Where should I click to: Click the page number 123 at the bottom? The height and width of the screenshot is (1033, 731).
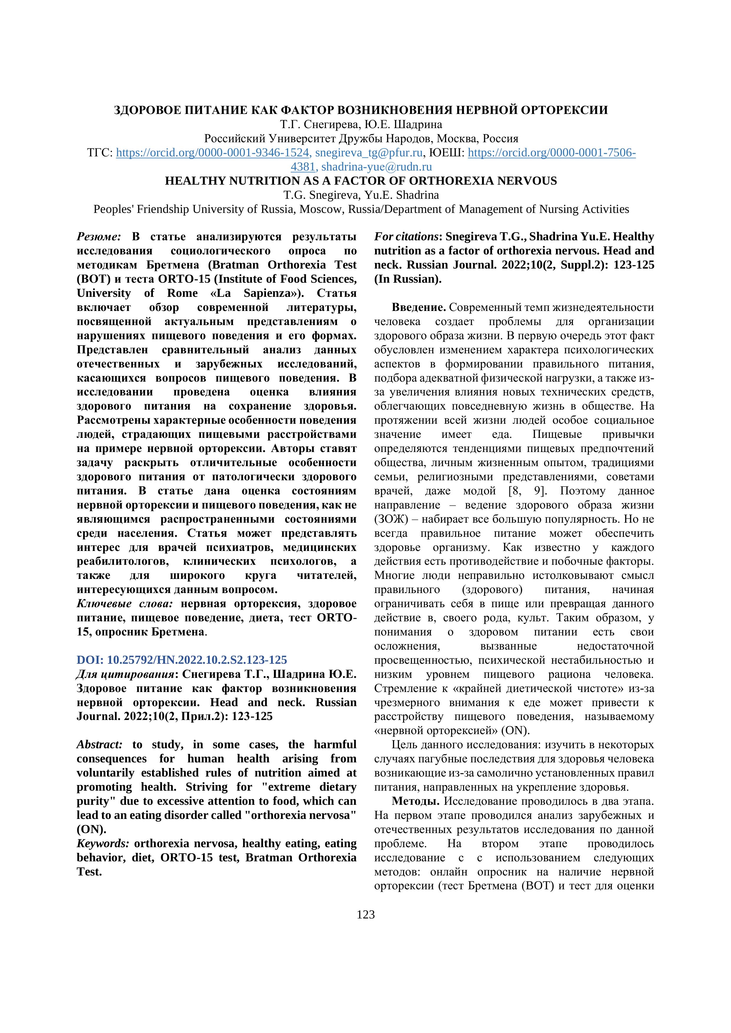pos(365,914)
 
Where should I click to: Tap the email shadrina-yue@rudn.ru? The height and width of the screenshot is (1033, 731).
pos(376,167)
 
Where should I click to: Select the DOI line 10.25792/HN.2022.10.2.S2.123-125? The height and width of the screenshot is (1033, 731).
pos(181,660)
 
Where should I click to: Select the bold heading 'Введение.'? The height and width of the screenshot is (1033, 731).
pos(419,307)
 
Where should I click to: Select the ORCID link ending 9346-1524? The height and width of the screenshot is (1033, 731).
pos(212,153)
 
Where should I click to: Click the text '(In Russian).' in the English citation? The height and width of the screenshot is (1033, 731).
pos(408,279)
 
